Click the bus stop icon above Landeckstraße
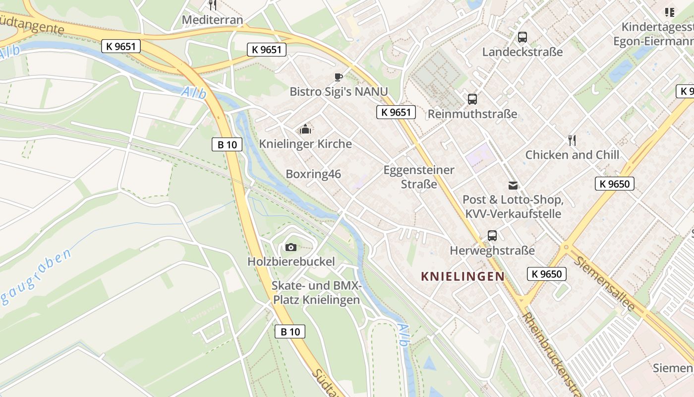tap(522, 37)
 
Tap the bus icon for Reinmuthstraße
tap(472, 99)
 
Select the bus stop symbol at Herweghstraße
tap(492, 236)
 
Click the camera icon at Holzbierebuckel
tap(291, 247)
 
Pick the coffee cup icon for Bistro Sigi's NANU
tap(338, 77)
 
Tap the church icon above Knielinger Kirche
tap(305, 130)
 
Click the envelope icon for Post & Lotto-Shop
tap(513, 186)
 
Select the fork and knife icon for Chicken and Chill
tap(572, 140)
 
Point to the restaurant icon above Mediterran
tap(212, 5)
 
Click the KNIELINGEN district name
tap(462, 276)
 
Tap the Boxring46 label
tap(313, 174)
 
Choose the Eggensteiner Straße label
tap(419, 177)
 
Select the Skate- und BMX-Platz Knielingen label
tap(316, 293)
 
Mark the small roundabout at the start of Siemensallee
tap(566, 247)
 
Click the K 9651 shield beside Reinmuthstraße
tap(395, 112)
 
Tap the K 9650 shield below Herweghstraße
tap(546, 274)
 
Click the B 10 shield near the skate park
tap(290, 331)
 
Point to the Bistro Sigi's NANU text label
tap(339, 92)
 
